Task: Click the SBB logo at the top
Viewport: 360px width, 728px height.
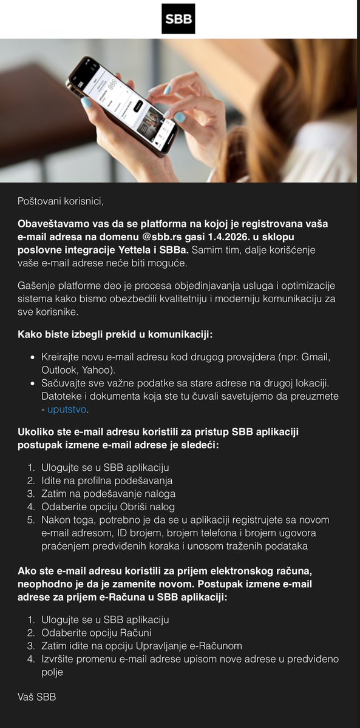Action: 178,19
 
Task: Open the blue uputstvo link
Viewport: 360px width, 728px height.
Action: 67,409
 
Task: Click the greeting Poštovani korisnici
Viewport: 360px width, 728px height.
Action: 56,200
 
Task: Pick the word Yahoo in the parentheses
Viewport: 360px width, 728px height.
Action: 99,369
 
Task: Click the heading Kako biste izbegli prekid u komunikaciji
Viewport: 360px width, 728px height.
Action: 115,334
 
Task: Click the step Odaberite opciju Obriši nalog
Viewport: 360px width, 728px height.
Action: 108,507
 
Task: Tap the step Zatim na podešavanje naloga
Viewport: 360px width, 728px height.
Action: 108,494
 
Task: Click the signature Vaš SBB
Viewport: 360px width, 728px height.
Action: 36,698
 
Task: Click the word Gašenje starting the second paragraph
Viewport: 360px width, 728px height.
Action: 36,286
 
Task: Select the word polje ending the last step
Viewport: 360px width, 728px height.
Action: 52,672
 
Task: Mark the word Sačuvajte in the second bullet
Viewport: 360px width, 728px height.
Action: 63,383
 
